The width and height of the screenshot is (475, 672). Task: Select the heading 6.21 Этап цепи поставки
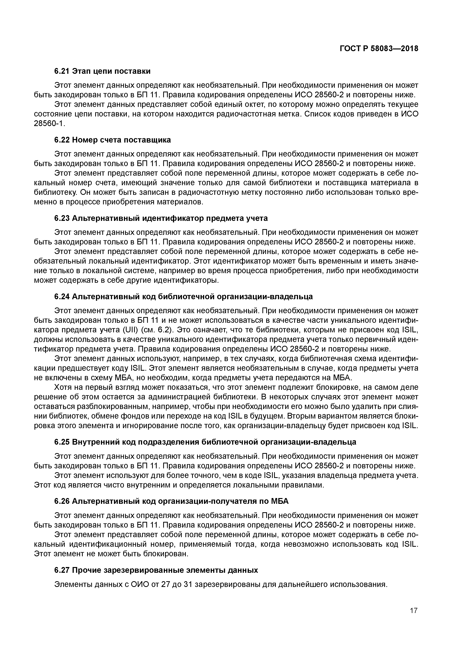point(102,71)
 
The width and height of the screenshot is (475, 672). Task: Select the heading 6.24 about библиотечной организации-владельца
point(183,297)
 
